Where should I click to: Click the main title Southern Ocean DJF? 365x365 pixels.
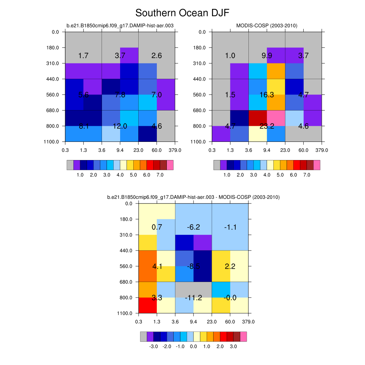point(182,13)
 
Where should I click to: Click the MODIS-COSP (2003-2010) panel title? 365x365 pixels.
point(267,25)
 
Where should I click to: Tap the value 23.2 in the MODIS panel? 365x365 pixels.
point(267,126)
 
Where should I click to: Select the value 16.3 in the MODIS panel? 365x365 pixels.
point(267,95)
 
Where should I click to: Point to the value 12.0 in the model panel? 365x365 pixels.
point(120,126)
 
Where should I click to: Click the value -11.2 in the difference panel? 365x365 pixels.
point(194,298)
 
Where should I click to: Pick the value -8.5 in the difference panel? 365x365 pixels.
point(194,266)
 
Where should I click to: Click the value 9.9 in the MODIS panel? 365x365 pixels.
point(267,56)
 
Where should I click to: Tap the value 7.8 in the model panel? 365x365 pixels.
point(120,95)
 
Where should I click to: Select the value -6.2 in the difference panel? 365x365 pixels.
point(194,227)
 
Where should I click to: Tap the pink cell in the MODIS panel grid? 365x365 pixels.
point(276,118)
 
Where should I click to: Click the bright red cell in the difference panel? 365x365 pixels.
point(148,305)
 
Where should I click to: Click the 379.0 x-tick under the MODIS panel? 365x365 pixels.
point(322,150)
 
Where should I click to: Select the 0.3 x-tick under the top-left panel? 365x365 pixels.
point(65,150)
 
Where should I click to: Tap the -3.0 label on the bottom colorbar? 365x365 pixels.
point(153,346)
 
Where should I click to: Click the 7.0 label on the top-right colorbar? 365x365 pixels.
point(307,175)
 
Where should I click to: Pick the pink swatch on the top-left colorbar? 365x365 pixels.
point(170,165)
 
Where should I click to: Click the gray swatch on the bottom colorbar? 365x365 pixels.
point(143,337)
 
